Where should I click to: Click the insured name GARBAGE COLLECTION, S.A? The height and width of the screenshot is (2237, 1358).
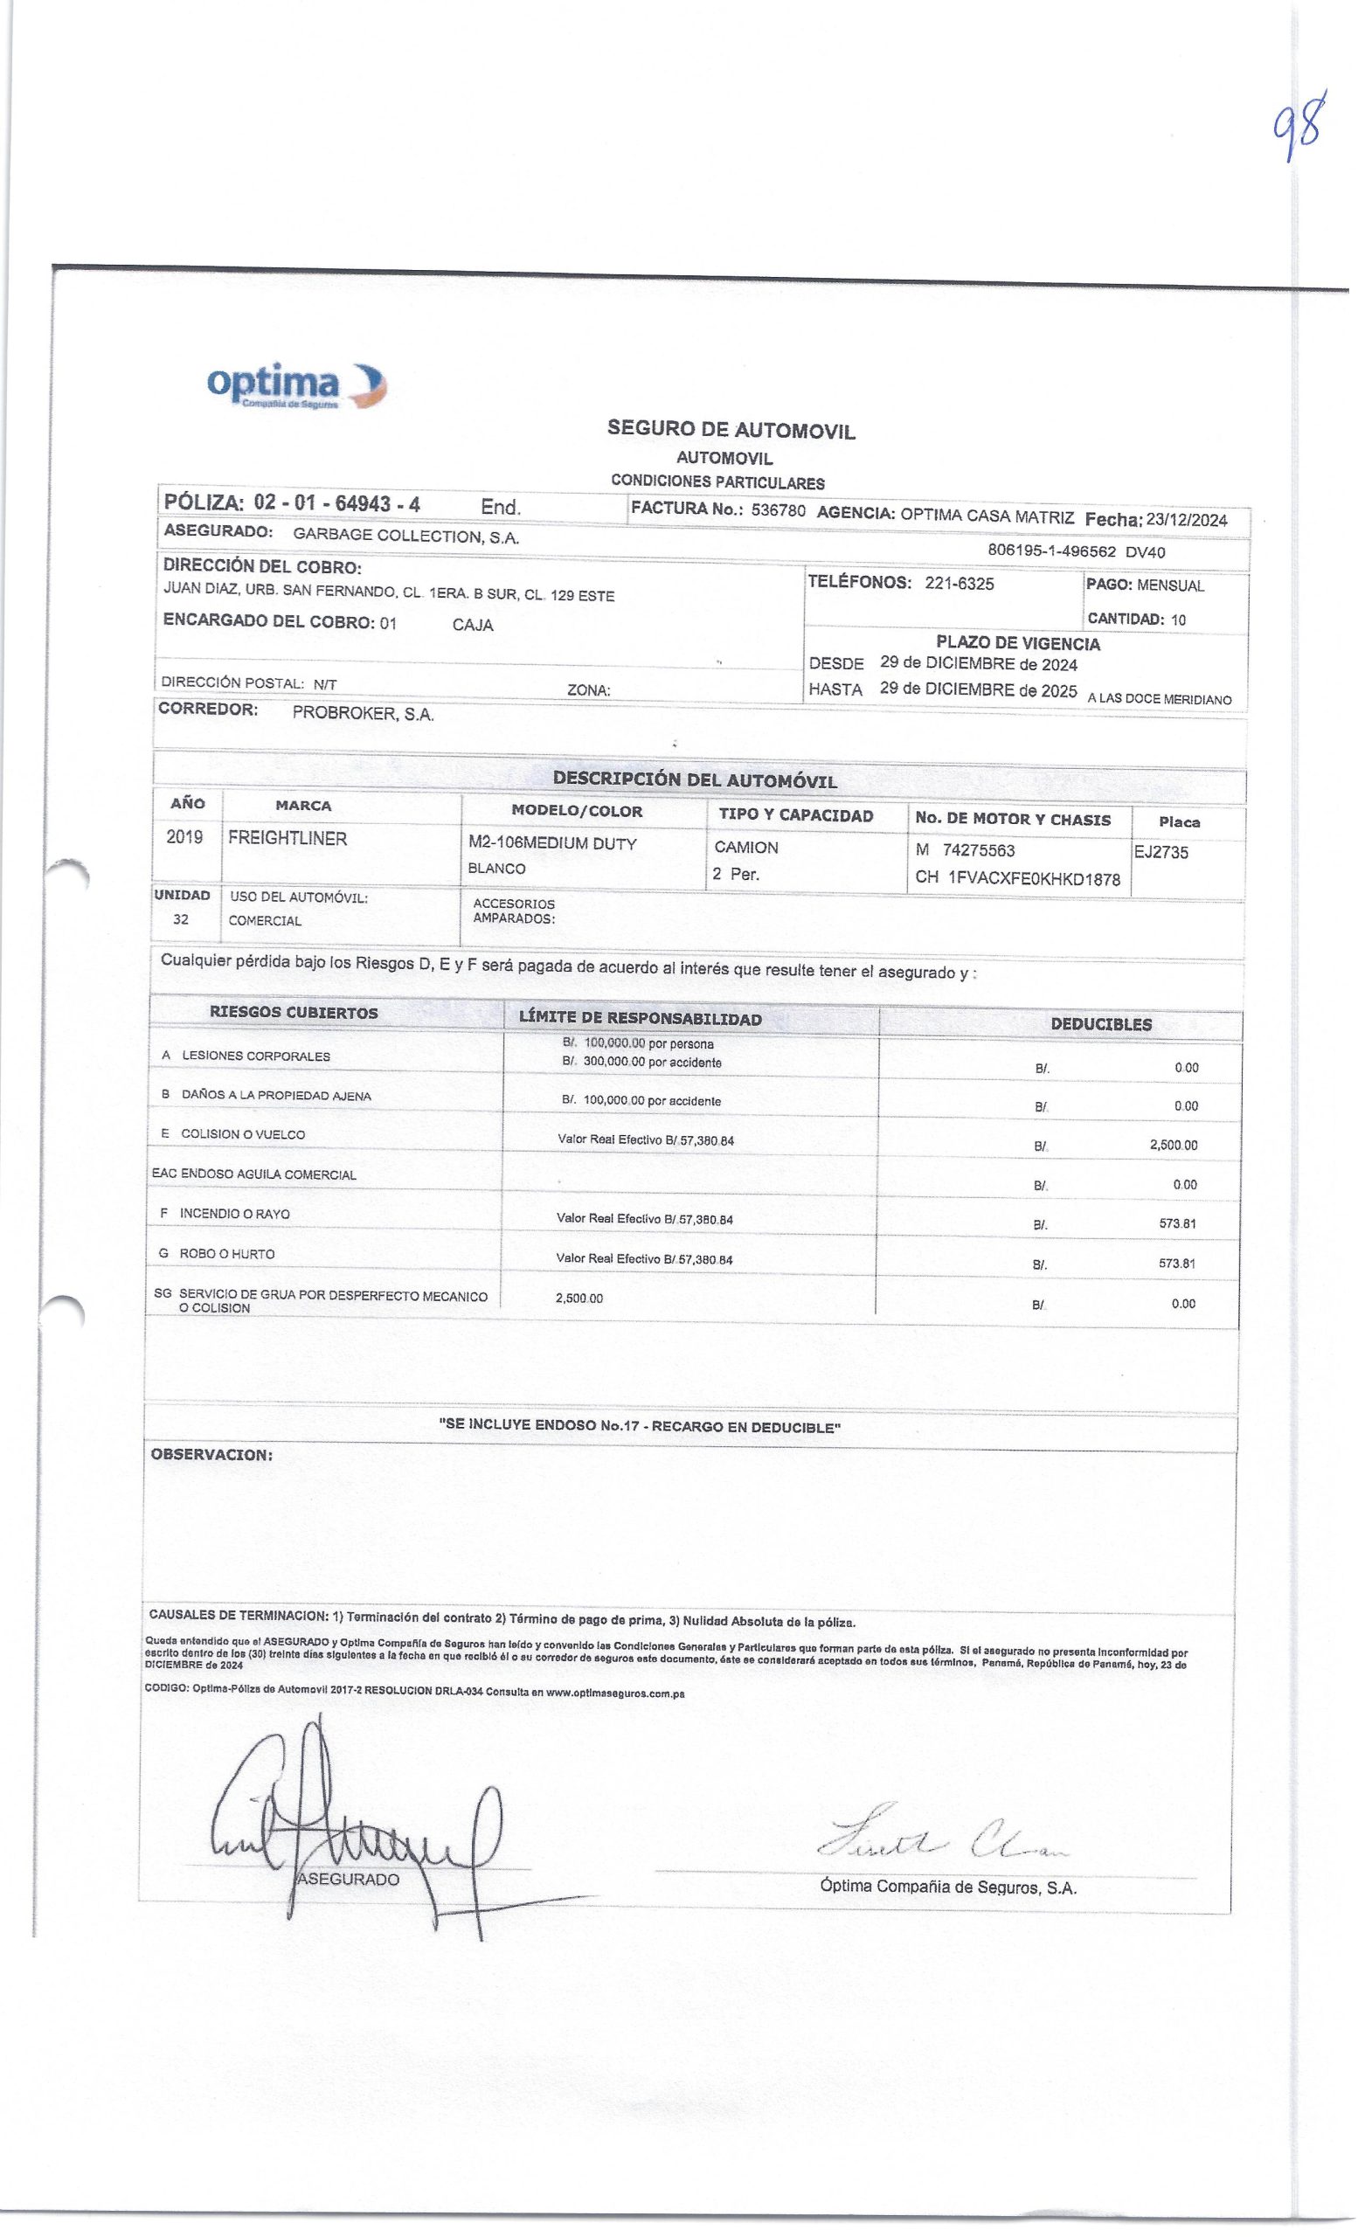pos(405,536)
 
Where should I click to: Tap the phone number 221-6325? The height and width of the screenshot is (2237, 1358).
pos(959,584)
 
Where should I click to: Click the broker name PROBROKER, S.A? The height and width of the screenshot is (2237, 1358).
pos(364,714)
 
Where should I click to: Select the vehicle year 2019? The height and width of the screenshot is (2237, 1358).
pos(184,837)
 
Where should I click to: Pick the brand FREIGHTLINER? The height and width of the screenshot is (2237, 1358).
pos(288,839)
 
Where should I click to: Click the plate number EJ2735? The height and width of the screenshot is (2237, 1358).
pos(1161,853)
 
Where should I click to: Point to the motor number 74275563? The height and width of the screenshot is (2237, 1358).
pos(979,851)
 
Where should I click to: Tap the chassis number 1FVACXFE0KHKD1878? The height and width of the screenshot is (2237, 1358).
pos(1034,879)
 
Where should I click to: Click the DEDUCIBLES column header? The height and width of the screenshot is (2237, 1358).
pos(1101,1024)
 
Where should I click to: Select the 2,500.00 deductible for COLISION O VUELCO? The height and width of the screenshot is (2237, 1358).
pos(1173,1146)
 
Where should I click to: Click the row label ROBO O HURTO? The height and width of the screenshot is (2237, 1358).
pos(227,1254)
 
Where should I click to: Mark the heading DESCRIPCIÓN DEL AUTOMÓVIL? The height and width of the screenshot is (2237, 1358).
pos(695,779)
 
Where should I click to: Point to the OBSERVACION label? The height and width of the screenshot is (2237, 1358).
pos(211,1454)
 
